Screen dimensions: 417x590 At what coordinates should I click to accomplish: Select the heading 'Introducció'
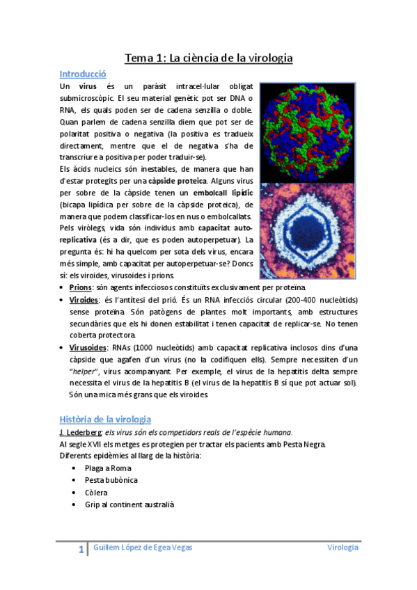click(82, 73)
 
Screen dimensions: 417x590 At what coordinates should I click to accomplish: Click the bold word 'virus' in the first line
click(88, 86)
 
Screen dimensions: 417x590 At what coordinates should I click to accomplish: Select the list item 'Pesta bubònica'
click(111, 480)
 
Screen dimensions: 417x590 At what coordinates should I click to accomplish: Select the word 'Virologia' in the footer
click(343, 548)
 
